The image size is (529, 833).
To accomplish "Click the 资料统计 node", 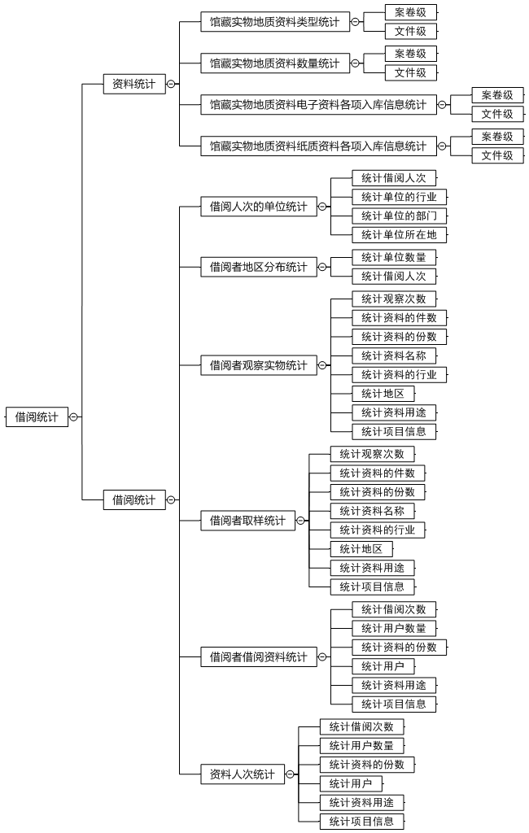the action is [134, 84].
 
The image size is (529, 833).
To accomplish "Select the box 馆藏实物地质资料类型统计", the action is [275, 22].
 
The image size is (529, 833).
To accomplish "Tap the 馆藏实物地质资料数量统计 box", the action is [275, 63].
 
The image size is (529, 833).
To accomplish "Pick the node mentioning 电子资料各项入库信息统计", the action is [318, 105].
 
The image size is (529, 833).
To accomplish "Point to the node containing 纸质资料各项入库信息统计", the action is [318, 146].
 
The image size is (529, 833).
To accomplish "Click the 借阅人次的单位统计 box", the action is [258, 206].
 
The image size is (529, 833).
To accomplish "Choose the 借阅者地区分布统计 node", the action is [258, 267].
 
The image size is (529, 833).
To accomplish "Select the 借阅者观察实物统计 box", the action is [258, 365].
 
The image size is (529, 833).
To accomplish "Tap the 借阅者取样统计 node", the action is [247, 521].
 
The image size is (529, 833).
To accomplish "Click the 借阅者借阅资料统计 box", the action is [258, 656].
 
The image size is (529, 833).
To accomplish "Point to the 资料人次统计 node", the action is [243, 774].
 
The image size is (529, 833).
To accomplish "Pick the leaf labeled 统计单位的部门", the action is [400, 216].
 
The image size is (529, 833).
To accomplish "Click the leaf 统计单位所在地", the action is [400, 235].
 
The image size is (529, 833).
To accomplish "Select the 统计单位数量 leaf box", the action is [394, 258].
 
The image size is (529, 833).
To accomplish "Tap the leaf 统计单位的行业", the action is [400, 197].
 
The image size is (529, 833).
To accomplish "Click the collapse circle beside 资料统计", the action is [171, 84].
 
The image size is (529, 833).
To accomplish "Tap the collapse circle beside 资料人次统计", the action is [291, 774].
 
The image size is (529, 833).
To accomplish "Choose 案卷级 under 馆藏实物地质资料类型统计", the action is [411, 12].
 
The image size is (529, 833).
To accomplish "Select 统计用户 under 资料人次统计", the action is [351, 783].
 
